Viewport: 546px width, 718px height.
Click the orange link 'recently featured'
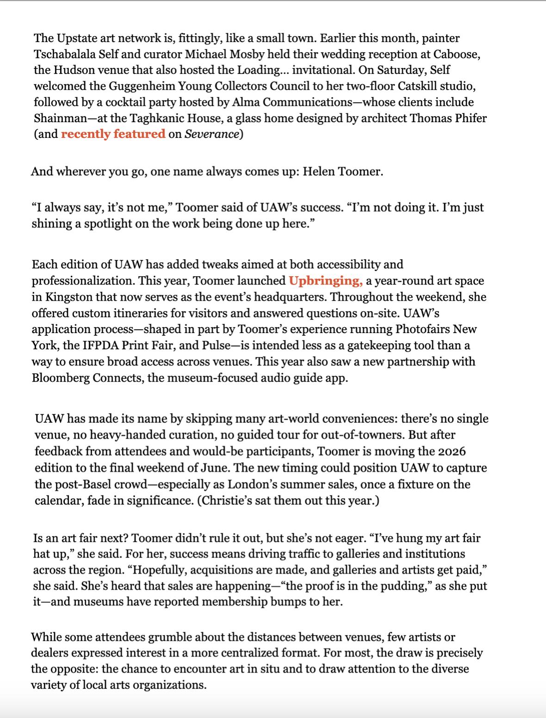click(113, 134)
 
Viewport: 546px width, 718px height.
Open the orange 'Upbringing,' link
click(325, 281)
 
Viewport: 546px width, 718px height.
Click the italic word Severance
click(211, 134)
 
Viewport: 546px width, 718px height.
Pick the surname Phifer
click(469, 118)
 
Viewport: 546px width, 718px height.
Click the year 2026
click(451, 451)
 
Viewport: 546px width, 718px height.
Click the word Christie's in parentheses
click(224, 501)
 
